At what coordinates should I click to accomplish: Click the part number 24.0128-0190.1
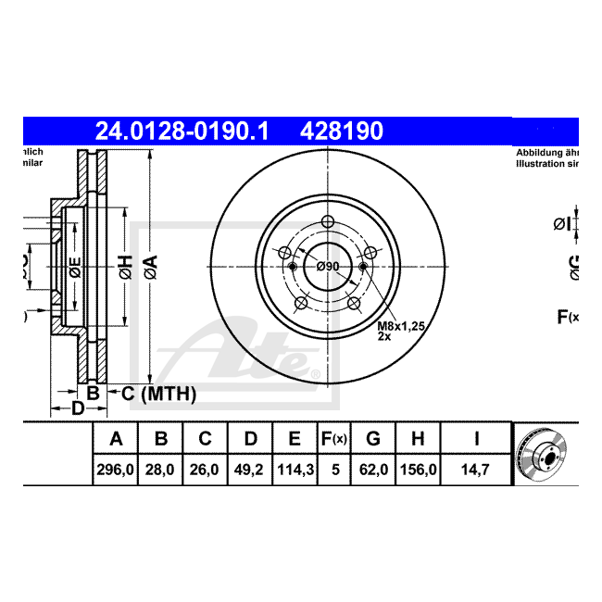pyautogui.click(x=182, y=132)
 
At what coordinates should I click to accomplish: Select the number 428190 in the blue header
pyautogui.click(x=340, y=132)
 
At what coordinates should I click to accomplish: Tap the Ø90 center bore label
pyautogui.click(x=328, y=267)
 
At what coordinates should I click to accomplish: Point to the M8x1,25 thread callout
pyautogui.click(x=400, y=326)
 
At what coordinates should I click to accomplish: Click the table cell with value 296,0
pyautogui.click(x=116, y=470)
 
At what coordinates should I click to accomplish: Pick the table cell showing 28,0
pyautogui.click(x=160, y=470)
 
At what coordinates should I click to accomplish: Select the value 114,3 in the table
pyautogui.click(x=295, y=470)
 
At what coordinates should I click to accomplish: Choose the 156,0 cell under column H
pyautogui.click(x=419, y=470)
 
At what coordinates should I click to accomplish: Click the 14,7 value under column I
pyautogui.click(x=476, y=470)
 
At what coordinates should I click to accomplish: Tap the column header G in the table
pyautogui.click(x=373, y=438)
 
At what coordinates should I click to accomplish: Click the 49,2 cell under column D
pyautogui.click(x=250, y=470)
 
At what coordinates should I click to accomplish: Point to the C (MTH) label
pyautogui.click(x=158, y=395)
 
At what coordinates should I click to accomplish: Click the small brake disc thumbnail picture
pyautogui.click(x=545, y=454)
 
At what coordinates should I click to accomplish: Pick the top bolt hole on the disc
pyautogui.click(x=328, y=220)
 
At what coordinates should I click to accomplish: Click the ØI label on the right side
pyautogui.click(x=561, y=223)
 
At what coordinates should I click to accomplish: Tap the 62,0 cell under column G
pyautogui.click(x=373, y=470)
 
